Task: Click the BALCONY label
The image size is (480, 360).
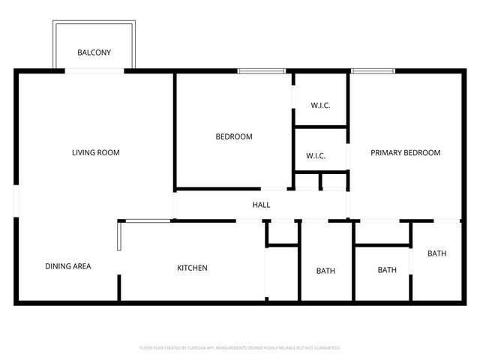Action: (x=94, y=52)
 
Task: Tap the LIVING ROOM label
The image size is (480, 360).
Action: (x=95, y=153)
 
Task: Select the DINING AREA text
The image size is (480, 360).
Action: (x=68, y=266)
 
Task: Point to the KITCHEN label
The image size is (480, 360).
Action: (x=192, y=268)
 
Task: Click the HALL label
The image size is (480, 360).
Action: (x=261, y=205)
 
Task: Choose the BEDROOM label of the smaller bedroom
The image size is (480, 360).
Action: (x=234, y=137)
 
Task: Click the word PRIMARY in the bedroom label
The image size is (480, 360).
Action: (x=387, y=153)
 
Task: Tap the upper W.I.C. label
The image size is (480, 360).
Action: (x=319, y=106)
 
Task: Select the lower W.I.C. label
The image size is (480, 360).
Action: (x=315, y=156)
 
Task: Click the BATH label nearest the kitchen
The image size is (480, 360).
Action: (x=325, y=271)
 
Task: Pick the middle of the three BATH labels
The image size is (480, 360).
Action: (x=387, y=270)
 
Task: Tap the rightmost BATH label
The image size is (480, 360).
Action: (x=436, y=253)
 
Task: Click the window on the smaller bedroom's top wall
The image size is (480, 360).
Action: (x=262, y=71)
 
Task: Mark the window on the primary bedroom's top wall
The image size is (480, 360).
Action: (x=373, y=71)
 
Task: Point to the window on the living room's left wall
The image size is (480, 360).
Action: (x=16, y=202)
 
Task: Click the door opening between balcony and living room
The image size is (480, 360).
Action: (x=94, y=71)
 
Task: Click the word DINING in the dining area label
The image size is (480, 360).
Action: (x=57, y=266)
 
